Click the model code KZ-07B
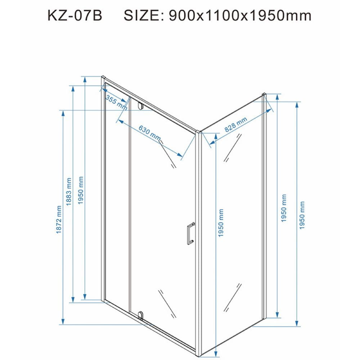pos(75,16)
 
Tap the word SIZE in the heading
pos(144,16)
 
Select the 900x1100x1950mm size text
pos(240,16)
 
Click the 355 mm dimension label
pos(116,102)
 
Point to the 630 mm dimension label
pos(149,133)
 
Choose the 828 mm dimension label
pos(235,124)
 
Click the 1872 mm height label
pos(59,220)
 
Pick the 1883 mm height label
pos(69,192)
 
